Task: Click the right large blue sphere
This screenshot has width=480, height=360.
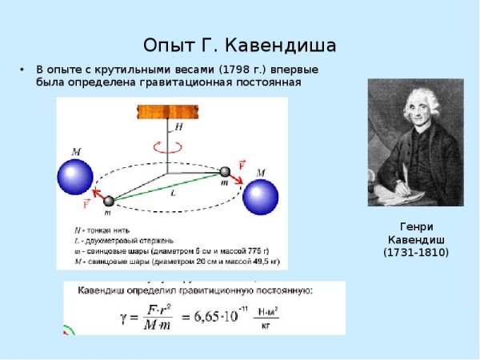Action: pyautogui.click(x=260, y=198)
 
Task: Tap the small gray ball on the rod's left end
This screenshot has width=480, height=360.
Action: pyautogui.click(x=110, y=202)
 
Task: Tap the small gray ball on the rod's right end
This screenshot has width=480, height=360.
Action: pyautogui.click(x=226, y=170)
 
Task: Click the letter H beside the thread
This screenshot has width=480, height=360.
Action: pyautogui.click(x=179, y=126)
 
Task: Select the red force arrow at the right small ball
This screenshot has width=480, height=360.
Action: pyautogui.click(x=237, y=167)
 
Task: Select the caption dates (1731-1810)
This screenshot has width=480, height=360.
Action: pyautogui.click(x=416, y=253)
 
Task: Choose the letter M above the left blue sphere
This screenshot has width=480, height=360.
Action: pyautogui.click(x=75, y=150)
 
